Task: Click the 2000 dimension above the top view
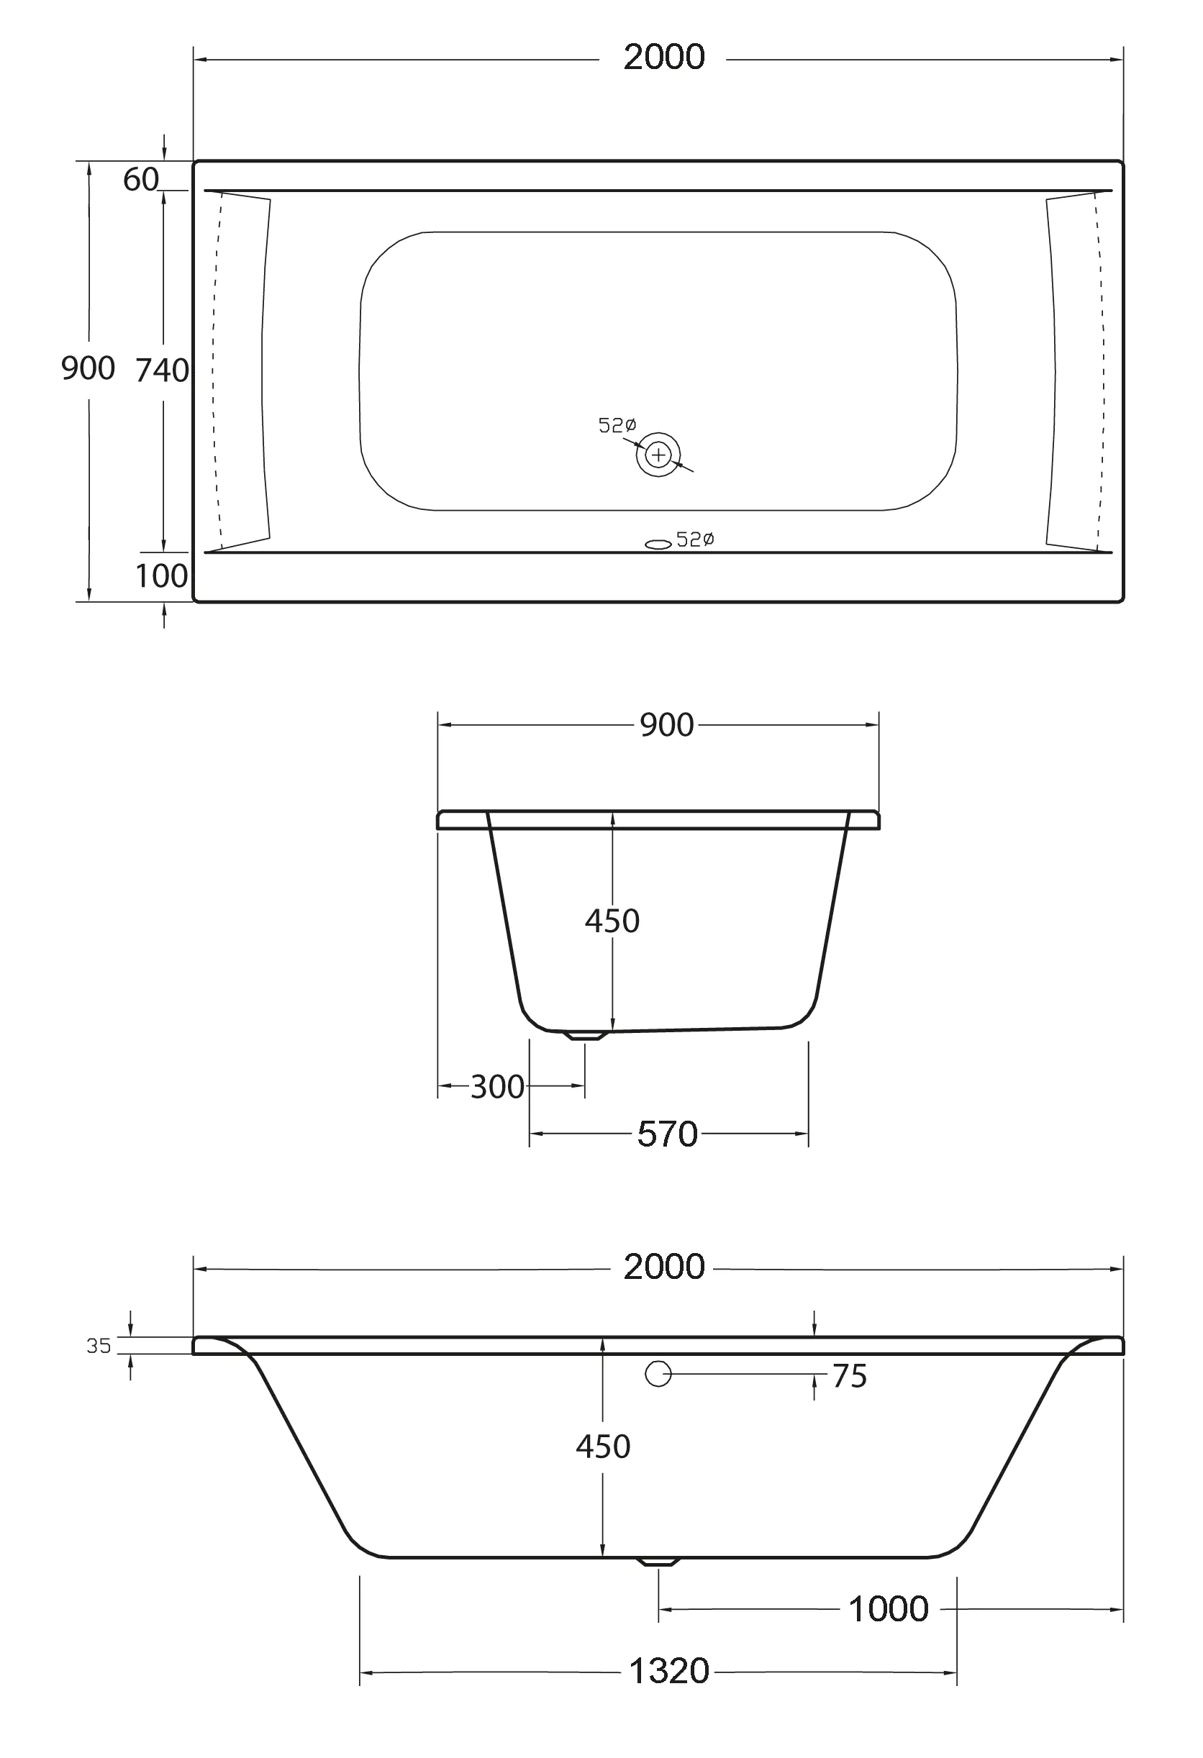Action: [663, 58]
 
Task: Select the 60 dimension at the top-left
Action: [141, 180]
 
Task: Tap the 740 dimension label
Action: [162, 370]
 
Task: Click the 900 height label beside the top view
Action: [88, 368]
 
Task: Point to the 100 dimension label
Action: [161, 576]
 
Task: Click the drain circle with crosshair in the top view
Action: [658, 455]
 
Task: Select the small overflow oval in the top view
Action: [658, 544]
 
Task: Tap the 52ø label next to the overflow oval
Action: [694, 539]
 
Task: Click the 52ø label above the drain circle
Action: [617, 426]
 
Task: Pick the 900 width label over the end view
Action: [666, 726]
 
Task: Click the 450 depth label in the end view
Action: [612, 921]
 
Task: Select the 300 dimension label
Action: [497, 1087]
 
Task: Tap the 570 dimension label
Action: [666, 1134]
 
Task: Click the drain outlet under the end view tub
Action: [586, 1036]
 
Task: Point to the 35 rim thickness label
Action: [99, 1346]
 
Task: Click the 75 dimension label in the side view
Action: [849, 1377]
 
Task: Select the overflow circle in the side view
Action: [658, 1374]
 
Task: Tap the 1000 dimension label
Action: [889, 1609]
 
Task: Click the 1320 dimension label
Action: [669, 1671]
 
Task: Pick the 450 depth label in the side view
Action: [603, 1447]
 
